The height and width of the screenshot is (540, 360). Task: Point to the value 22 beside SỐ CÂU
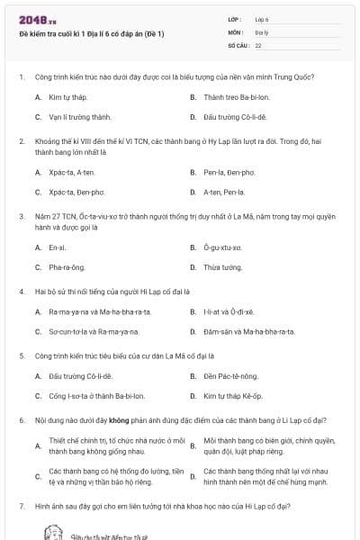(x=258, y=44)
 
